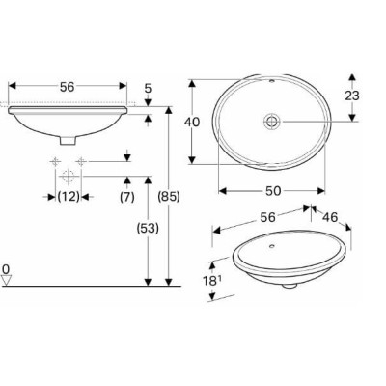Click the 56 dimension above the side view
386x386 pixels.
(x=67, y=86)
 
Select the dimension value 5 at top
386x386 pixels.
(x=147, y=90)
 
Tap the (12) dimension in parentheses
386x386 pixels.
(x=68, y=197)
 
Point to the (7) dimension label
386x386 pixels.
(x=126, y=197)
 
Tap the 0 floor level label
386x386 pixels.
(x=7, y=269)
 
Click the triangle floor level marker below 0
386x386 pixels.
(x=8, y=281)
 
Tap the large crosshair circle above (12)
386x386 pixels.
(x=68, y=177)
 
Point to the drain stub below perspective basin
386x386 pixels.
(x=287, y=286)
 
